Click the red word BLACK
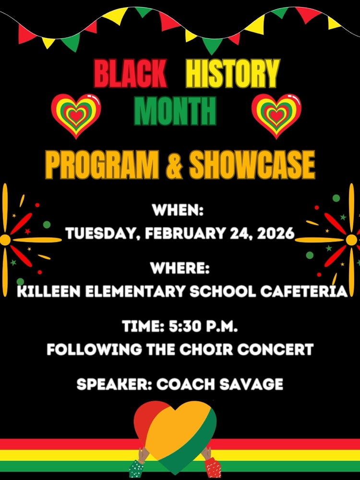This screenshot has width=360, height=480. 130,74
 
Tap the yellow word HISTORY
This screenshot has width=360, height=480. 232,74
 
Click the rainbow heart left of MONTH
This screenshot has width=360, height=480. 76,115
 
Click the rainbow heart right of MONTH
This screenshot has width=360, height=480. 276,115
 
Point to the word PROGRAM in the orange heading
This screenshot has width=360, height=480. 101,165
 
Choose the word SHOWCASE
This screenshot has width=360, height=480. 252,165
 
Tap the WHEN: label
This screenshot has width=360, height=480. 178,210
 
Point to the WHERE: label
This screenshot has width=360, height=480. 180,268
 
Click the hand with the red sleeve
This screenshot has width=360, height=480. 211,464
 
